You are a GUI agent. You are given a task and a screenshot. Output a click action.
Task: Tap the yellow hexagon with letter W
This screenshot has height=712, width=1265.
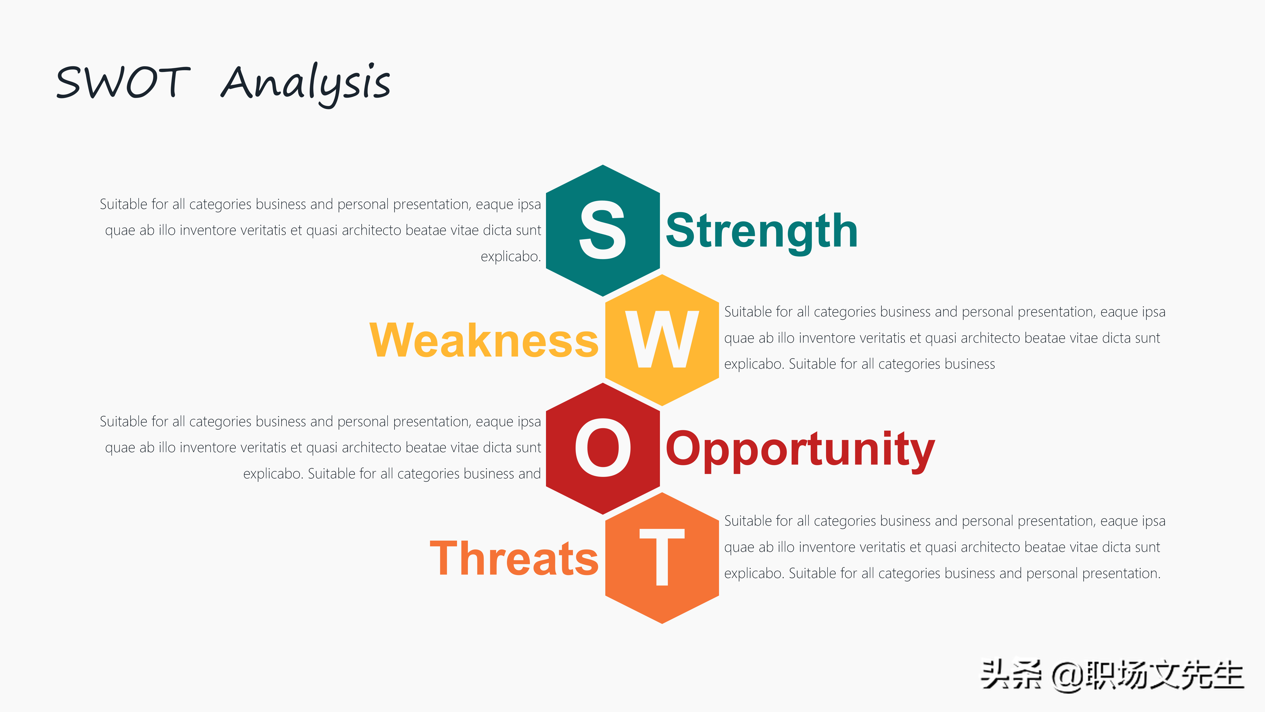point(662,340)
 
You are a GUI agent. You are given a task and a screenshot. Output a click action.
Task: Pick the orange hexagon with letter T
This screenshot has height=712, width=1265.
point(662,558)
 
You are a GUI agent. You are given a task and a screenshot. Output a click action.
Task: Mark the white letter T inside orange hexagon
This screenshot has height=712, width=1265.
point(662,557)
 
